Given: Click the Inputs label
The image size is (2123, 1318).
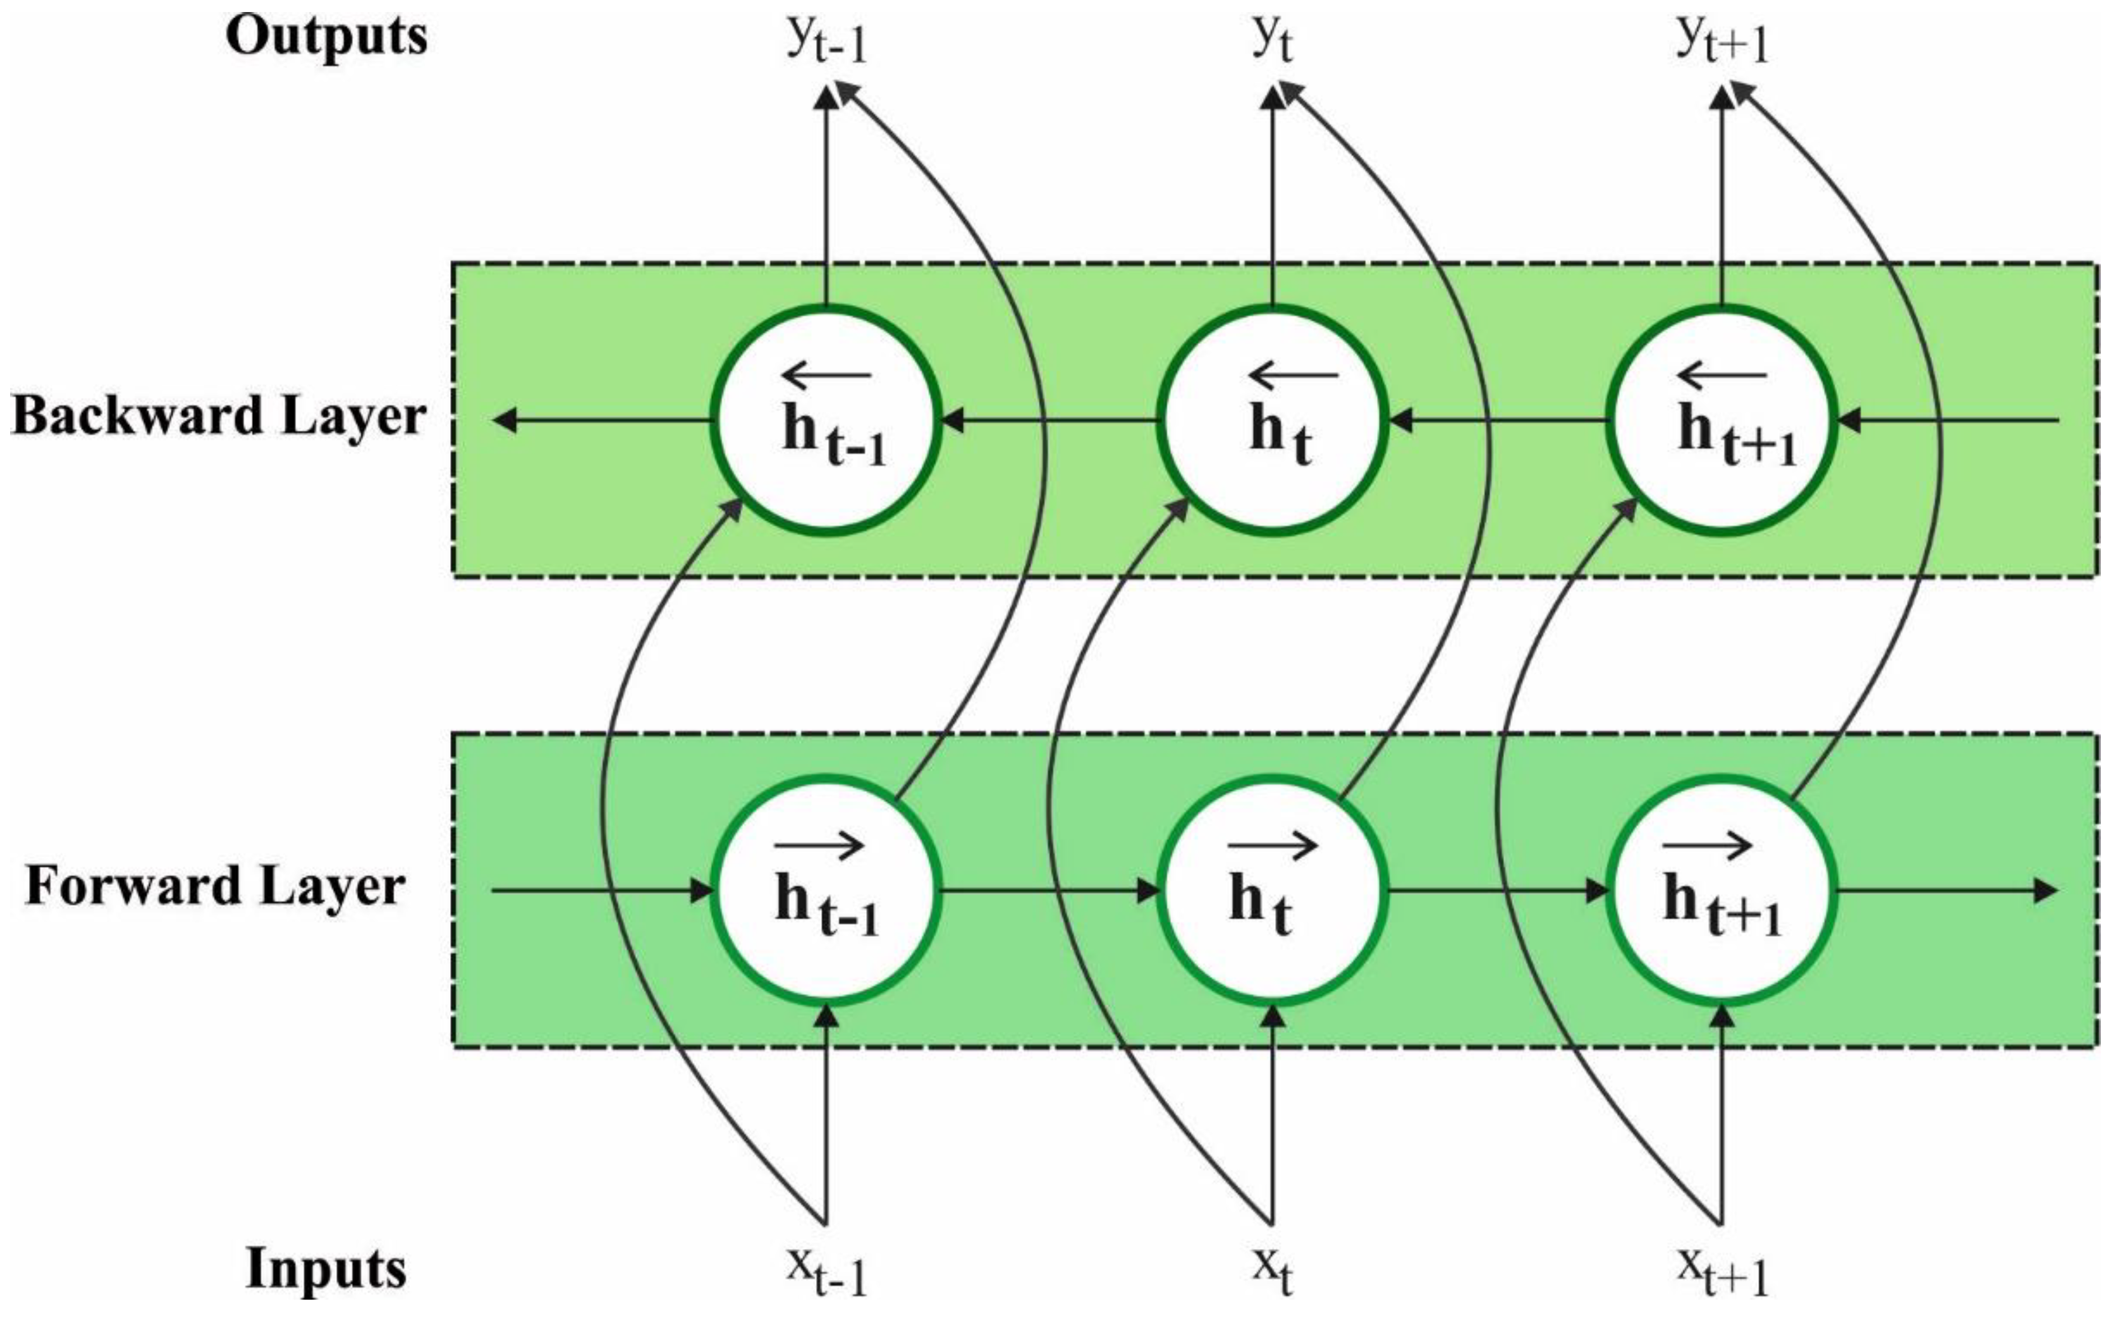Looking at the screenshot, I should click(326, 1268).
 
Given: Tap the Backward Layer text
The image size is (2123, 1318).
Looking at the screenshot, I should click(218, 417).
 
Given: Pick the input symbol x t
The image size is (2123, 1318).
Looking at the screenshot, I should click(1273, 1271).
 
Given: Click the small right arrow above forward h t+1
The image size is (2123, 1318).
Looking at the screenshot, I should click(1707, 845).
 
